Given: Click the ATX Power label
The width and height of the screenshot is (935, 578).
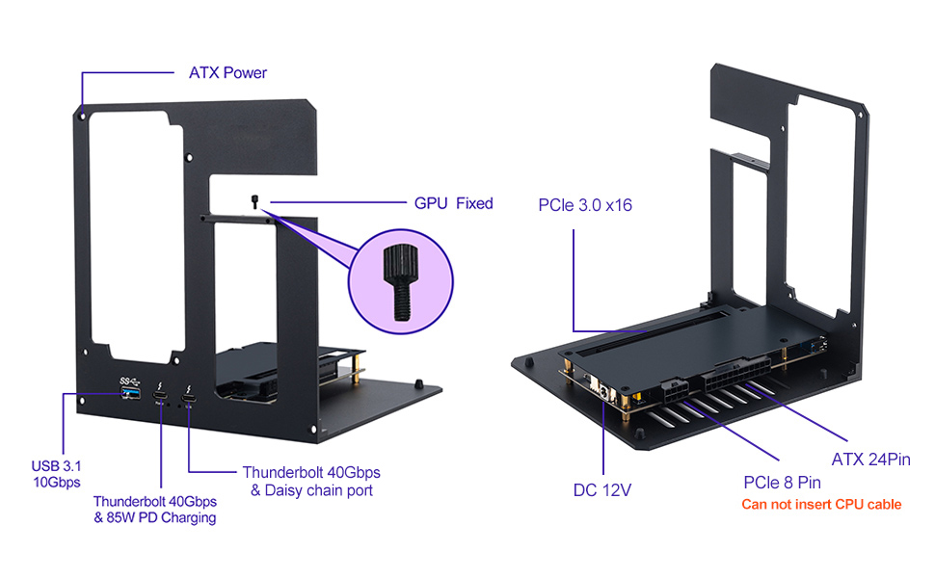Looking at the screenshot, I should point(227,72).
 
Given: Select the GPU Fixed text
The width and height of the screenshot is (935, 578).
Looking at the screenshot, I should point(453,203).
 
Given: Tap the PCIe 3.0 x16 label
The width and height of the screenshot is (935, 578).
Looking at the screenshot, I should point(585,205).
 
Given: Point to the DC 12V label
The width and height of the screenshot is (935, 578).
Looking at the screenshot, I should point(602,490).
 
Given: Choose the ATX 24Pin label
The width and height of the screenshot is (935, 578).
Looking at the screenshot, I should point(870,460).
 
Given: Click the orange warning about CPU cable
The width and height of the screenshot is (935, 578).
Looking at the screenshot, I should point(821,505).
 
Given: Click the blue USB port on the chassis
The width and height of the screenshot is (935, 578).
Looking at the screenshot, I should point(130,396).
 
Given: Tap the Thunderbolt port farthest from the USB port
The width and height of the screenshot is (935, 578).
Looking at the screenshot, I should point(189,401).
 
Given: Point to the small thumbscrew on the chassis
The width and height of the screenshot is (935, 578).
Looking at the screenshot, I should point(253,202).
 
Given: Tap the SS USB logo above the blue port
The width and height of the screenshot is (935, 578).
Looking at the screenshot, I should point(130,381).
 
